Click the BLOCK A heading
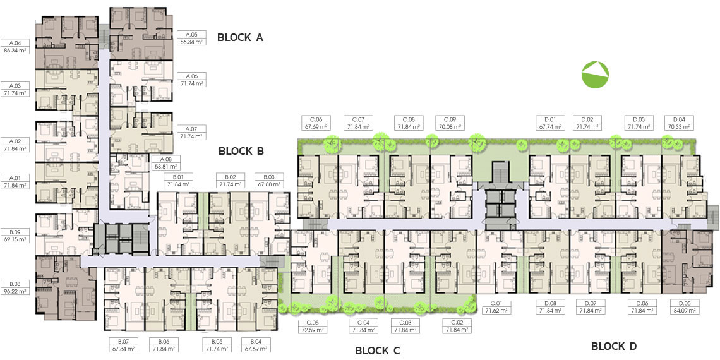coord(240,38)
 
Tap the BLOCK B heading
coord(241,150)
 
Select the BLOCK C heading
coord(378,351)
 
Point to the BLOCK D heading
coord(614,346)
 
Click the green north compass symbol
coord(595,75)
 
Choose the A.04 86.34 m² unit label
coord(15,46)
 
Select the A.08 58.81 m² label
coord(165,162)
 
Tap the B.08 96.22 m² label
coord(15,287)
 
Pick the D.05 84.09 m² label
coord(685,307)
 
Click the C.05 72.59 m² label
coord(313,326)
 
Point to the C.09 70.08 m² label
coord(450,123)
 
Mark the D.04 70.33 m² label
coord(679,123)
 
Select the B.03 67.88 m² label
coord(268,181)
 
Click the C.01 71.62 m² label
coord(496,307)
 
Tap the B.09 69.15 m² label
coord(15,236)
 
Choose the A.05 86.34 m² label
coord(191,38)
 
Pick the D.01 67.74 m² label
coord(549,123)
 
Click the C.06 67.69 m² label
coord(315,123)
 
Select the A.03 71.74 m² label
coord(15,89)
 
